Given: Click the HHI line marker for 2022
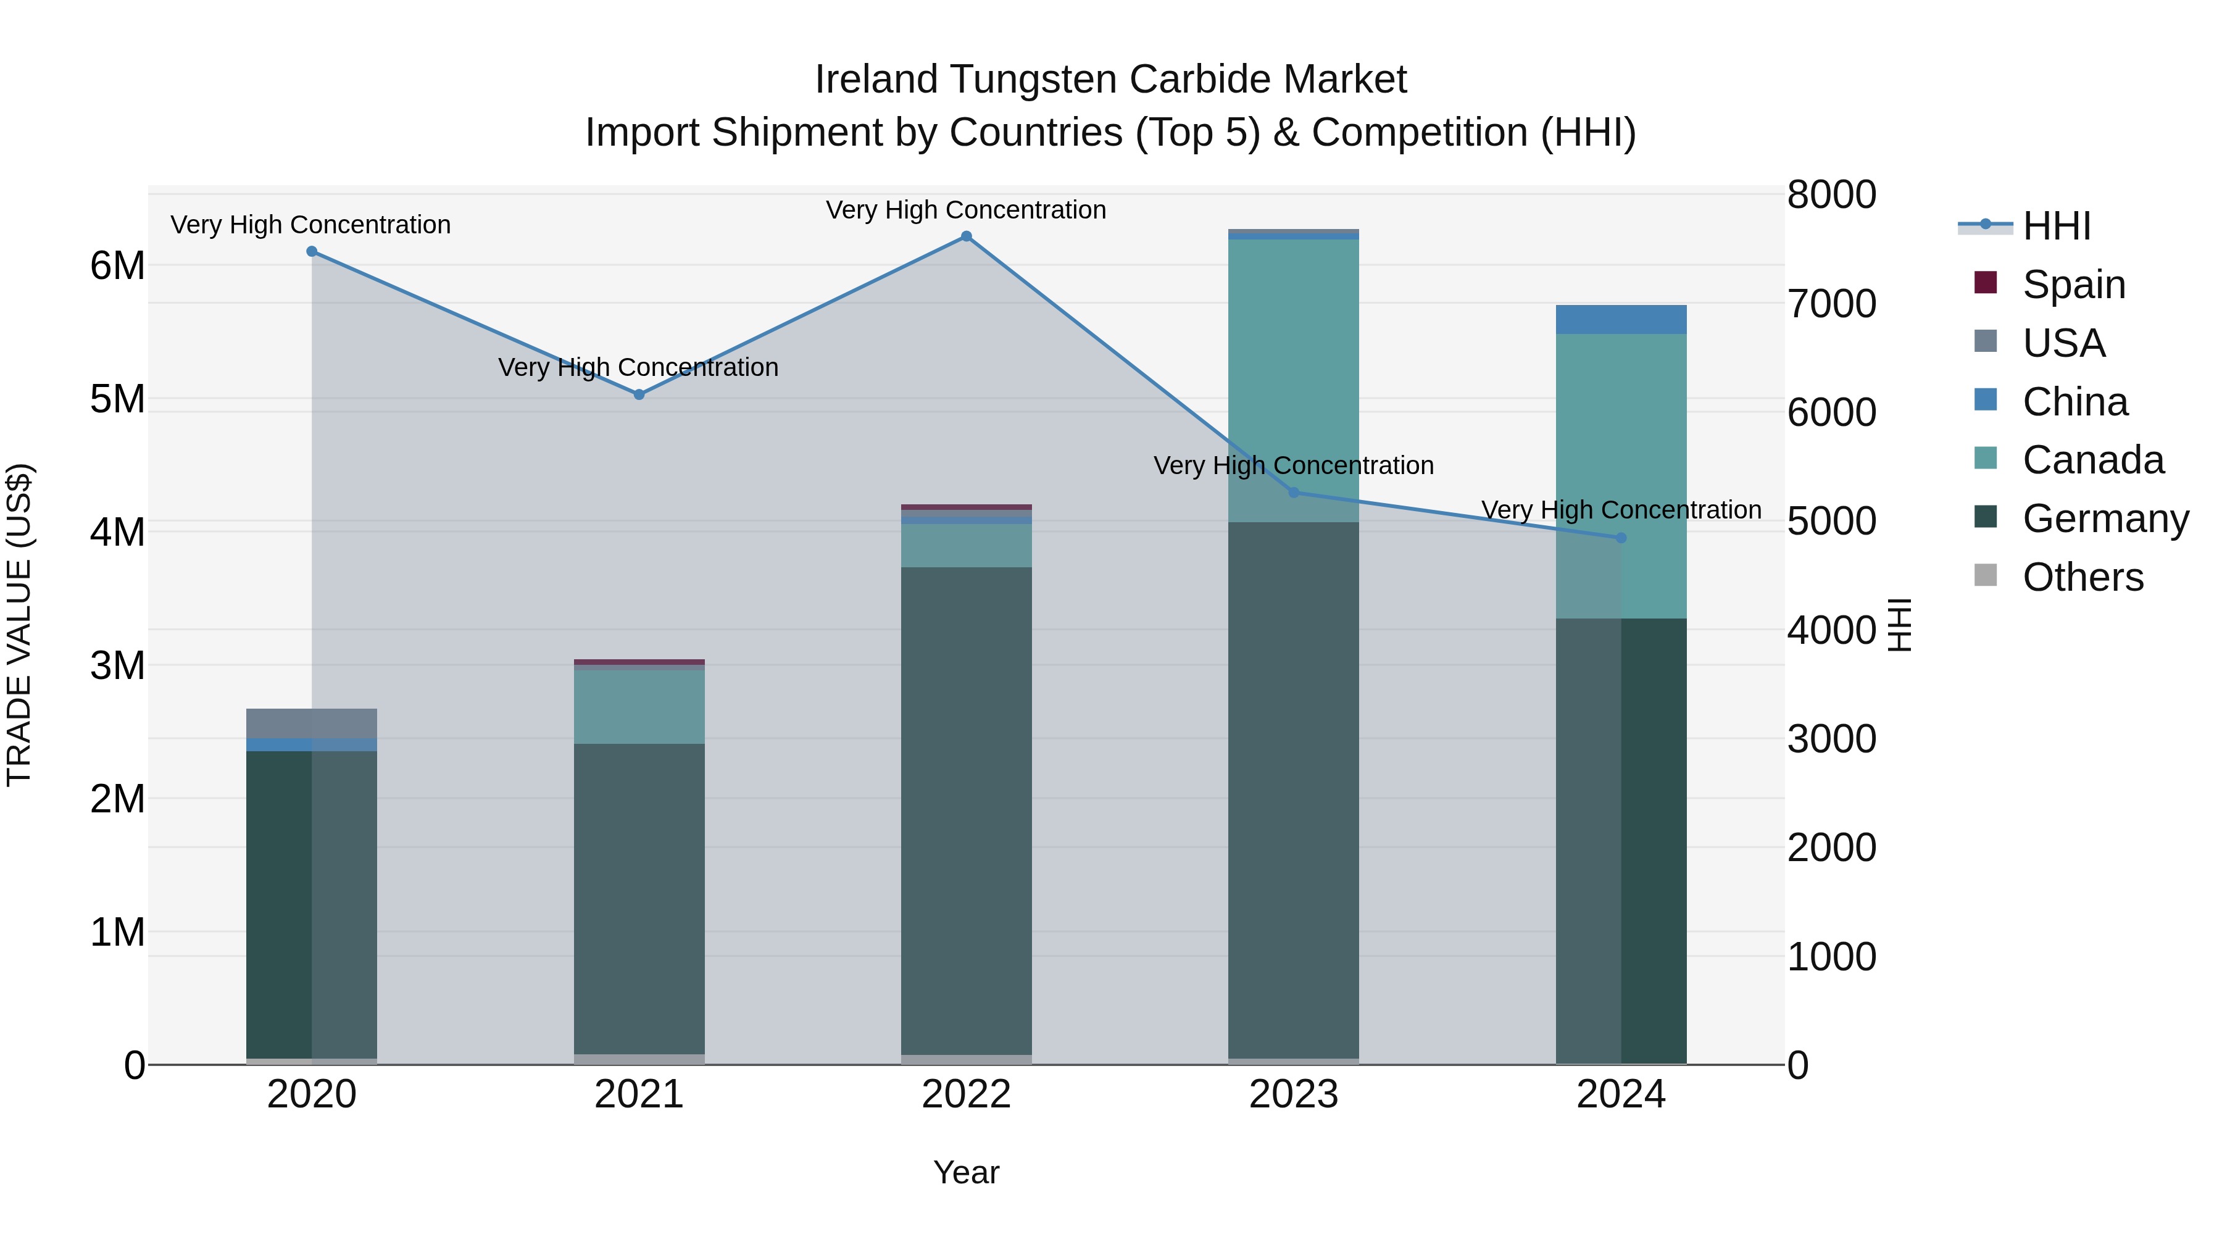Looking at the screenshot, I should point(966,236).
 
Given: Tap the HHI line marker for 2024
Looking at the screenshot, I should point(1621,538).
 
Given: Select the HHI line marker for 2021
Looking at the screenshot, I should point(639,395).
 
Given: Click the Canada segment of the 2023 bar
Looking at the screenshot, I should point(1293,380).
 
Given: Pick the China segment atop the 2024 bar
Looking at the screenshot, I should point(1621,320).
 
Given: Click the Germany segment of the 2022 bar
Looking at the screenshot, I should point(966,811).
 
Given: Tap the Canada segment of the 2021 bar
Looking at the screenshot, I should point(639,707).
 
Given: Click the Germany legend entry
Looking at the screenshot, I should point(2105,519).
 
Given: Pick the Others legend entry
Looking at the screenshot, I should point(2083,577).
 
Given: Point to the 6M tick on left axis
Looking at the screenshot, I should point(118,265).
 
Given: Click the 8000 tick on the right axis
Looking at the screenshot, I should point(1831,195).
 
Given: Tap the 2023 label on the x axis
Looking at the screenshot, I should point(1293,1094).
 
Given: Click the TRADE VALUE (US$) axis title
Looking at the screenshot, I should point(19,625).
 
